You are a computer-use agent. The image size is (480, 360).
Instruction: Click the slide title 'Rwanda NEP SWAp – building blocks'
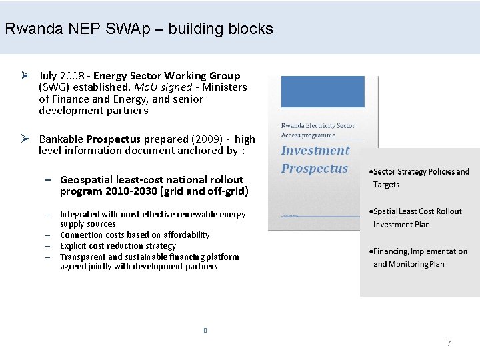tap(139, 29)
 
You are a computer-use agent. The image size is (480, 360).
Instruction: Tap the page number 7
tap(449, 343)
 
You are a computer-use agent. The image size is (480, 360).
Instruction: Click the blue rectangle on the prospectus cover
tap(323, 91)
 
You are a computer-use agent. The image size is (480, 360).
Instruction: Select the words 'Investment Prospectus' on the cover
tap(315, 159)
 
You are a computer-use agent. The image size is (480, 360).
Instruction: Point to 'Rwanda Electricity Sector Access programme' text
tap(318, 130)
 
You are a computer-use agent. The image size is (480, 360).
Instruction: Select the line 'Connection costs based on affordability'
tap(135, 235)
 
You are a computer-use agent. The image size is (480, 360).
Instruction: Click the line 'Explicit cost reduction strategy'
tap(118, 245)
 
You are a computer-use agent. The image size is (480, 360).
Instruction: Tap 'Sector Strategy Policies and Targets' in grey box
tap(421, 178)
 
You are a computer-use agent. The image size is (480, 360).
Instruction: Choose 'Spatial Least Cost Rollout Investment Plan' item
tap(417, 217)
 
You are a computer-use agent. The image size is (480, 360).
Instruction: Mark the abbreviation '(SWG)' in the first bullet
tap(55, 87)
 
